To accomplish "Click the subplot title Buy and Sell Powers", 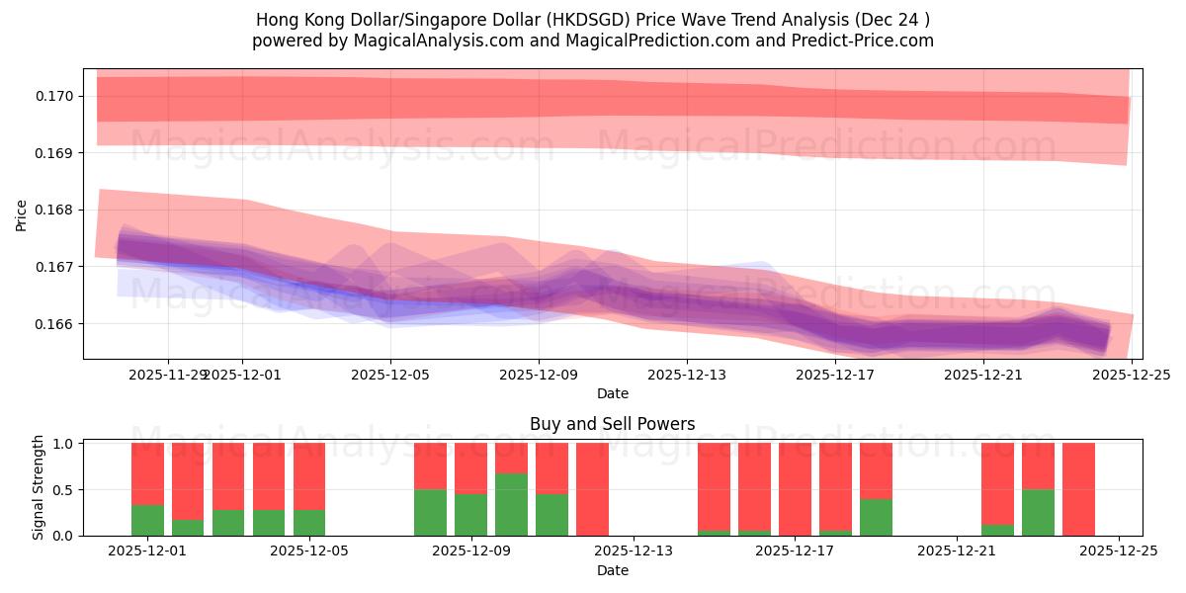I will click(612, 424).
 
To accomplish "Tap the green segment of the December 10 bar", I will click(511, 504).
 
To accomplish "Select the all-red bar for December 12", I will click(592, 489).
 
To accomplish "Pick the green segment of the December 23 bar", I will click(1038, 512).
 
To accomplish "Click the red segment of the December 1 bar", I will click(147, 473).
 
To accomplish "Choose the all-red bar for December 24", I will click(1078, 489).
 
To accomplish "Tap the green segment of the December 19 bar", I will click(876, 517).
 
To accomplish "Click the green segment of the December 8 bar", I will click(430, 512).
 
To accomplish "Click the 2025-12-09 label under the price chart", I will click(539, 375).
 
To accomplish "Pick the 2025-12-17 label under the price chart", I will click(835, 375).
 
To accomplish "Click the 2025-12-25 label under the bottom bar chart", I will click(1119, 551).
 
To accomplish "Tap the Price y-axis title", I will click(22, 214).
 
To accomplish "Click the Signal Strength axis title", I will click(39, 487).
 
